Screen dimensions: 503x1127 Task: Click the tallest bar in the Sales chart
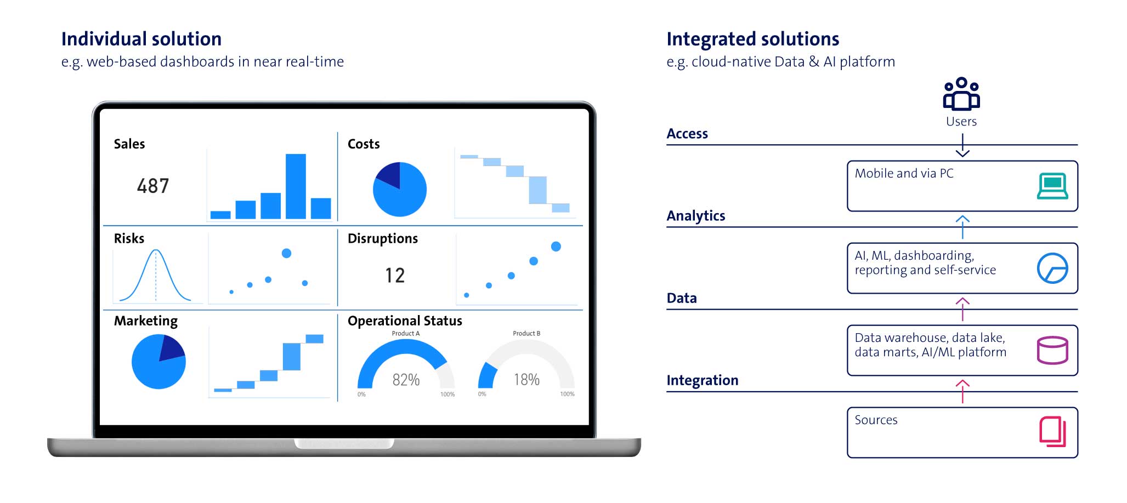[x=296, y=186]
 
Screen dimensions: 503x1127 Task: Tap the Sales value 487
[x=153, y=186]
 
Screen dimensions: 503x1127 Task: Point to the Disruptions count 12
[x=395, y=275]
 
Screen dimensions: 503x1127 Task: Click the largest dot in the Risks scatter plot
[x=286, y=253]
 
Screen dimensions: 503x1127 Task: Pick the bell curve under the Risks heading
[x=156, y=274]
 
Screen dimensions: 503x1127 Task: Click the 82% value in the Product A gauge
[x=406, y=380]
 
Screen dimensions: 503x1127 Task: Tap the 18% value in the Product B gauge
[x=526, y=380]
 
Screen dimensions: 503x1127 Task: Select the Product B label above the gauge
[x=526, y=333]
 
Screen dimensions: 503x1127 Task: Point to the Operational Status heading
[x=405, y=321]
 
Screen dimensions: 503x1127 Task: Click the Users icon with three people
[x=961, y=94]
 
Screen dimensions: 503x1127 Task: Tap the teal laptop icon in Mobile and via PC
[x=1052, y=186]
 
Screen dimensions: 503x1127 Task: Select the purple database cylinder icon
[x=1052, y=350]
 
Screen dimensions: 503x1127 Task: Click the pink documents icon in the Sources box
[x=1052, y=432]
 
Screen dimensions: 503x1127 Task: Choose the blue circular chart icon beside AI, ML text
[x=1052, y=268]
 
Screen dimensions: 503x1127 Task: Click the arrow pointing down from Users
[x=962, y=146]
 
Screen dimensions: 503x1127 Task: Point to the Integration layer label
[x=703, y=380]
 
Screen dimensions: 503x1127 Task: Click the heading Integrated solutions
[x=752, y=39]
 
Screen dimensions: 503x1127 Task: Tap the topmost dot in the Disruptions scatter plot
[x=556, y=247]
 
